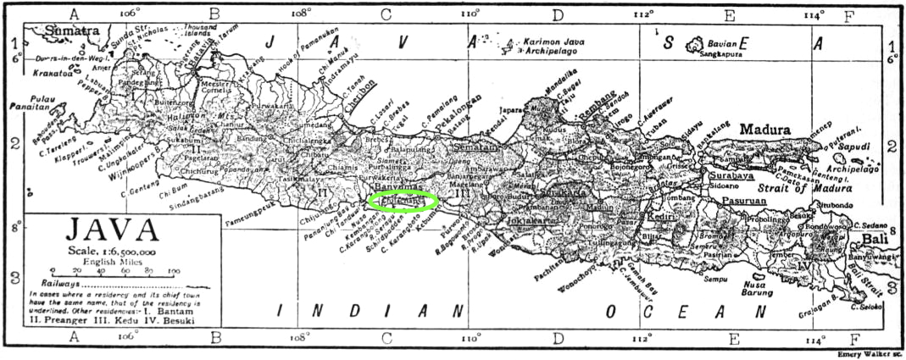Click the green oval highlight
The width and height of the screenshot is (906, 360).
404,201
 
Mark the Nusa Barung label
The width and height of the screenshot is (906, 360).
734,289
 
